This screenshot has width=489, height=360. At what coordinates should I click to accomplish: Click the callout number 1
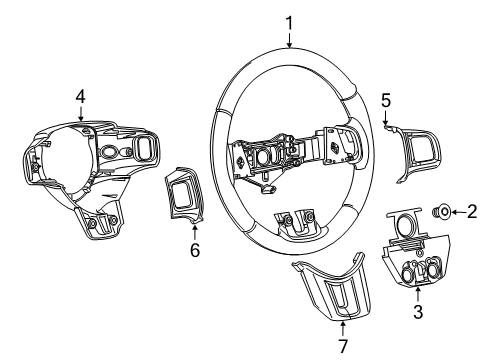click(x=289, y=21)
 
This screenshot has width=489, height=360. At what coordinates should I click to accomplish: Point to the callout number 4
click(x=80, y=96)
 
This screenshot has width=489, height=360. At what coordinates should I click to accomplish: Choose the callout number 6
click(x=194, y=250)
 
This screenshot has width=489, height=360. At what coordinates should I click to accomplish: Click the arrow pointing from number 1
click(x=289, y=39)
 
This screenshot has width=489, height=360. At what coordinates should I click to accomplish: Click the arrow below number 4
click(x=80, y=114)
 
